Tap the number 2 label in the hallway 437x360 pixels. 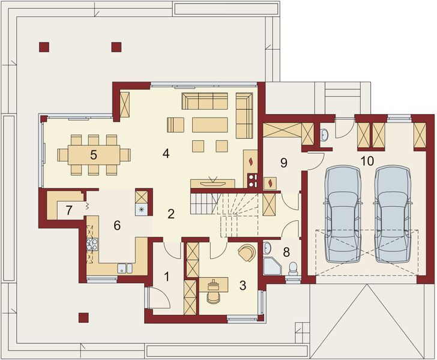[x=171, y=214]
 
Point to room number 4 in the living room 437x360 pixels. [x=165, y=153]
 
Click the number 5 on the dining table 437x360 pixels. [x=93, y=154]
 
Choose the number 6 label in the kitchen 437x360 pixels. [x=118, y=226]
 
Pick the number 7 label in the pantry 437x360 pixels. [x=69, y=211]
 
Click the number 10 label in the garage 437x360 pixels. [x=367, y=161]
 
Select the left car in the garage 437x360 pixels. [x=343, y=214]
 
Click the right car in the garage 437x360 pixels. [x=393, y=214]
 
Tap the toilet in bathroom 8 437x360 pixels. [x=294, y=267]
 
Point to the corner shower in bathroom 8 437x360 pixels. [x=271, y=265]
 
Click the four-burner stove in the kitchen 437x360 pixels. [x=92, y=244]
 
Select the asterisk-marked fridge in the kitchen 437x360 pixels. [x=142, y=209]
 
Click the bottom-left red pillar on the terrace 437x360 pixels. [x=82, y=316]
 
